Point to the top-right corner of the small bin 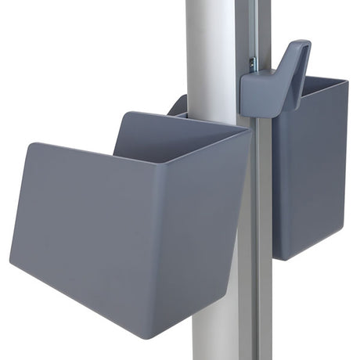pos(346,81)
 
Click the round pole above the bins pos(211,47)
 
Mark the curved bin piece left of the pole pos(178,106)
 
